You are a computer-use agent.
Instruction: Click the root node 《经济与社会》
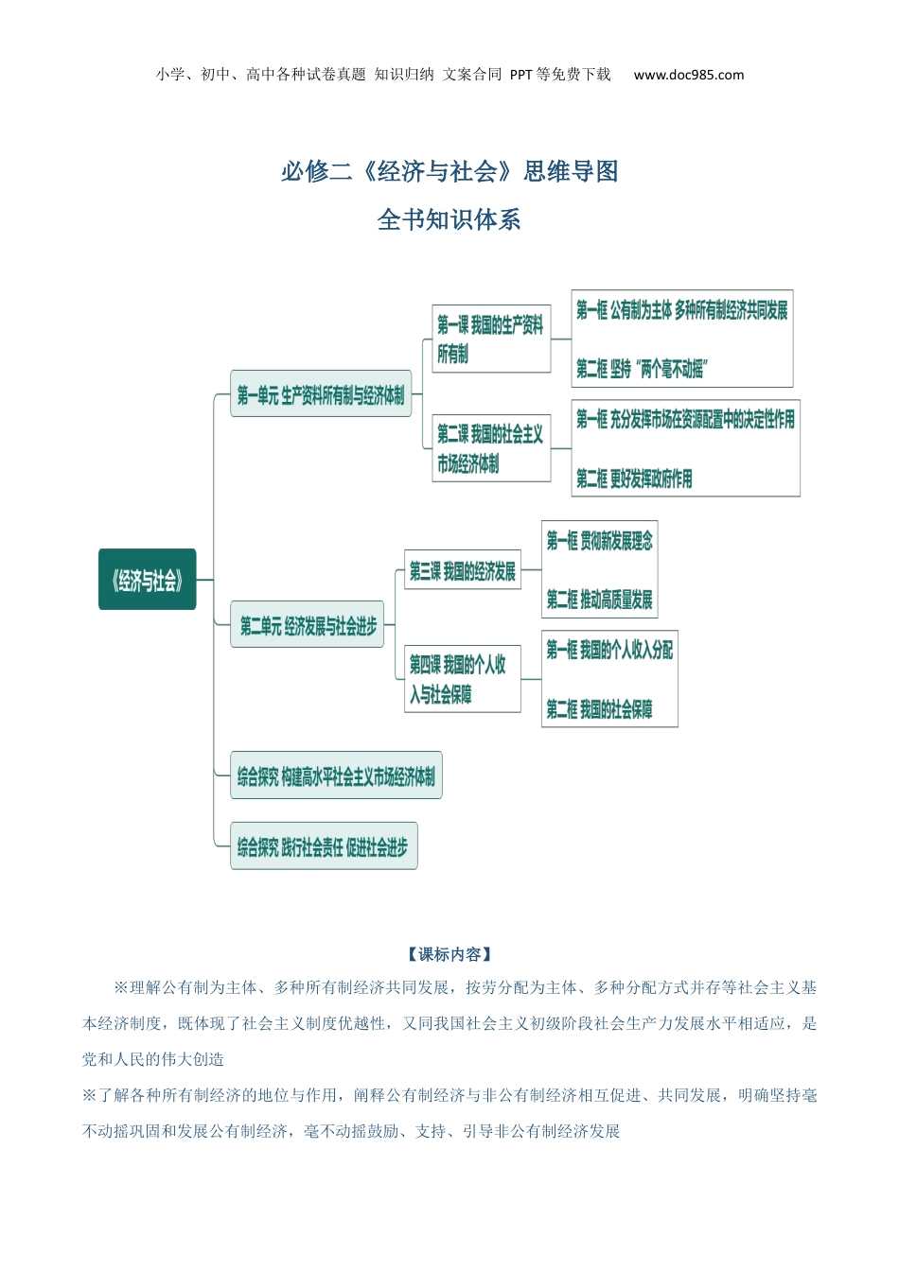point(147,580)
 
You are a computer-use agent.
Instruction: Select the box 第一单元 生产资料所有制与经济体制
point(321,394)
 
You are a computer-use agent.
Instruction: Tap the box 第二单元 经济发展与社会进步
point(308,625)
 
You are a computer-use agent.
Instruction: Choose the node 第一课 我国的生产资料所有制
point(491,339)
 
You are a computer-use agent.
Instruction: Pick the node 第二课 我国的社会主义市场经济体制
point(491,448)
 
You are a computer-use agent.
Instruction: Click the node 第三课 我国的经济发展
point(463,570)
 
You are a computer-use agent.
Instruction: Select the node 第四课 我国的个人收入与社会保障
point(462,679)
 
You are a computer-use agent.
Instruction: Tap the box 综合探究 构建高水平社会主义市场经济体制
point(336,776)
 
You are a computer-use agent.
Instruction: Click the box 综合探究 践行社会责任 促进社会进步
point(323,846)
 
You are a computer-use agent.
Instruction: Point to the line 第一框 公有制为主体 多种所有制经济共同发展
point(681,310)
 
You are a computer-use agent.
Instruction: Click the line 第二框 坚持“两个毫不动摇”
point(642,369)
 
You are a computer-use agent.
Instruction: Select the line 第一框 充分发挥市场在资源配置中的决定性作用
point(685,419)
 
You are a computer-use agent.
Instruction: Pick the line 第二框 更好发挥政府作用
point(634,479)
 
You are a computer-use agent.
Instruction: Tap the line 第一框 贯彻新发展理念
point(599,541)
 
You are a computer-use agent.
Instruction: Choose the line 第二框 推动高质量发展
point(599,600)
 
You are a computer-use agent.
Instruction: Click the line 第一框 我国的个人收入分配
point(609,650)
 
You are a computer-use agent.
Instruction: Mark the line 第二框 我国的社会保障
point(599,709)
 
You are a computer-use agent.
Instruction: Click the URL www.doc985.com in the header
point(688,75)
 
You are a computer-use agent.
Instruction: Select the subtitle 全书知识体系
point(449,219)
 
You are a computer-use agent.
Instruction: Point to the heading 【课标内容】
point(449,954)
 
